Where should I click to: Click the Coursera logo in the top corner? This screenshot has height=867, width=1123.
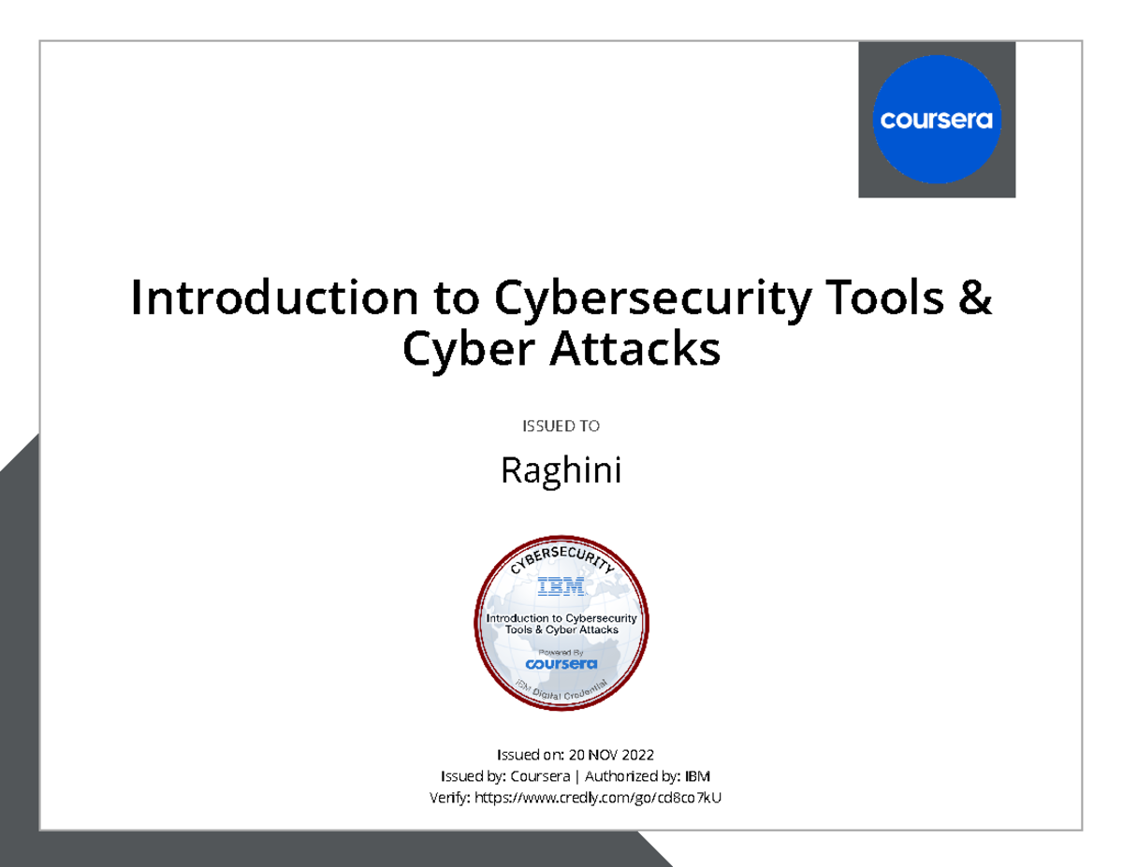pos(936,120)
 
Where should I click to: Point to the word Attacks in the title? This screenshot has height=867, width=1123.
pos(644,351)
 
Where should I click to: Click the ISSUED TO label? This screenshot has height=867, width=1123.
pos(561,426)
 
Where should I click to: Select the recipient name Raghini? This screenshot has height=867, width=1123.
pos(561,470)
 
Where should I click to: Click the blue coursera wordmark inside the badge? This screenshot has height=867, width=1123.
pos(561,664)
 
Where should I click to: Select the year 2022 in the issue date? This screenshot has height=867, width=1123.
pos(634,755)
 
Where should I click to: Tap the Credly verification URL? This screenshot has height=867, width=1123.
pos(599,798)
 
